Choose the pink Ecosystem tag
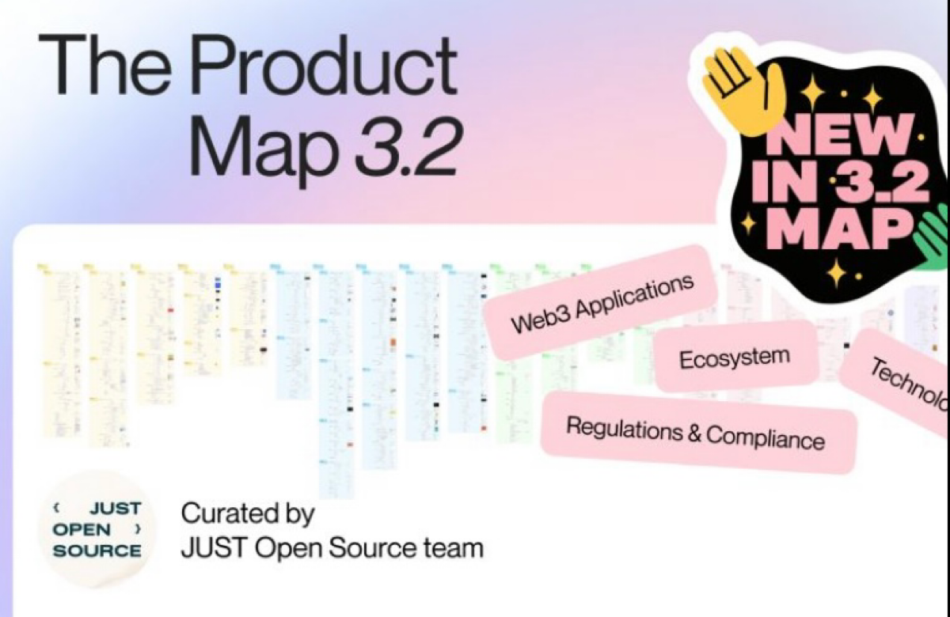(x=734, y=357)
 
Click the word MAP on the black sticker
(x=840, y=230)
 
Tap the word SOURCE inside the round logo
(x=97, y=550)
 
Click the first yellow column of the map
(x=59, y=348)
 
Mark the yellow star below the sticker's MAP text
(x=836, y=274)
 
